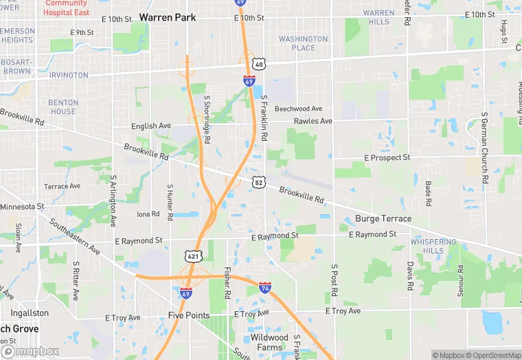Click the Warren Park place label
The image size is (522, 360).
coord(167,16)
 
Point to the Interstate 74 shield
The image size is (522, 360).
coord(265,288)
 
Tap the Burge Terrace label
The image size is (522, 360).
coord(383,219)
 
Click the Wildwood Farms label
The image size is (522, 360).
coord(269,342)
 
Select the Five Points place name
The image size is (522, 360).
coord(190,315)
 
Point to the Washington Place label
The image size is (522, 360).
coord(303,43)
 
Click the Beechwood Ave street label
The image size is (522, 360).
coord(298,109)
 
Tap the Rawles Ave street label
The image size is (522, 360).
coord(313,122)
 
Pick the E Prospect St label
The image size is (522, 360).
coord(387,158)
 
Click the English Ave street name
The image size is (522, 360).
coord(151,126)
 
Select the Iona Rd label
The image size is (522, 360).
coord(148,214)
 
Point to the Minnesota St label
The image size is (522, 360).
coord(22,206)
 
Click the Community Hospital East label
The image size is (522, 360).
coord(66,8)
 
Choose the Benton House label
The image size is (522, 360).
coord(63,106)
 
